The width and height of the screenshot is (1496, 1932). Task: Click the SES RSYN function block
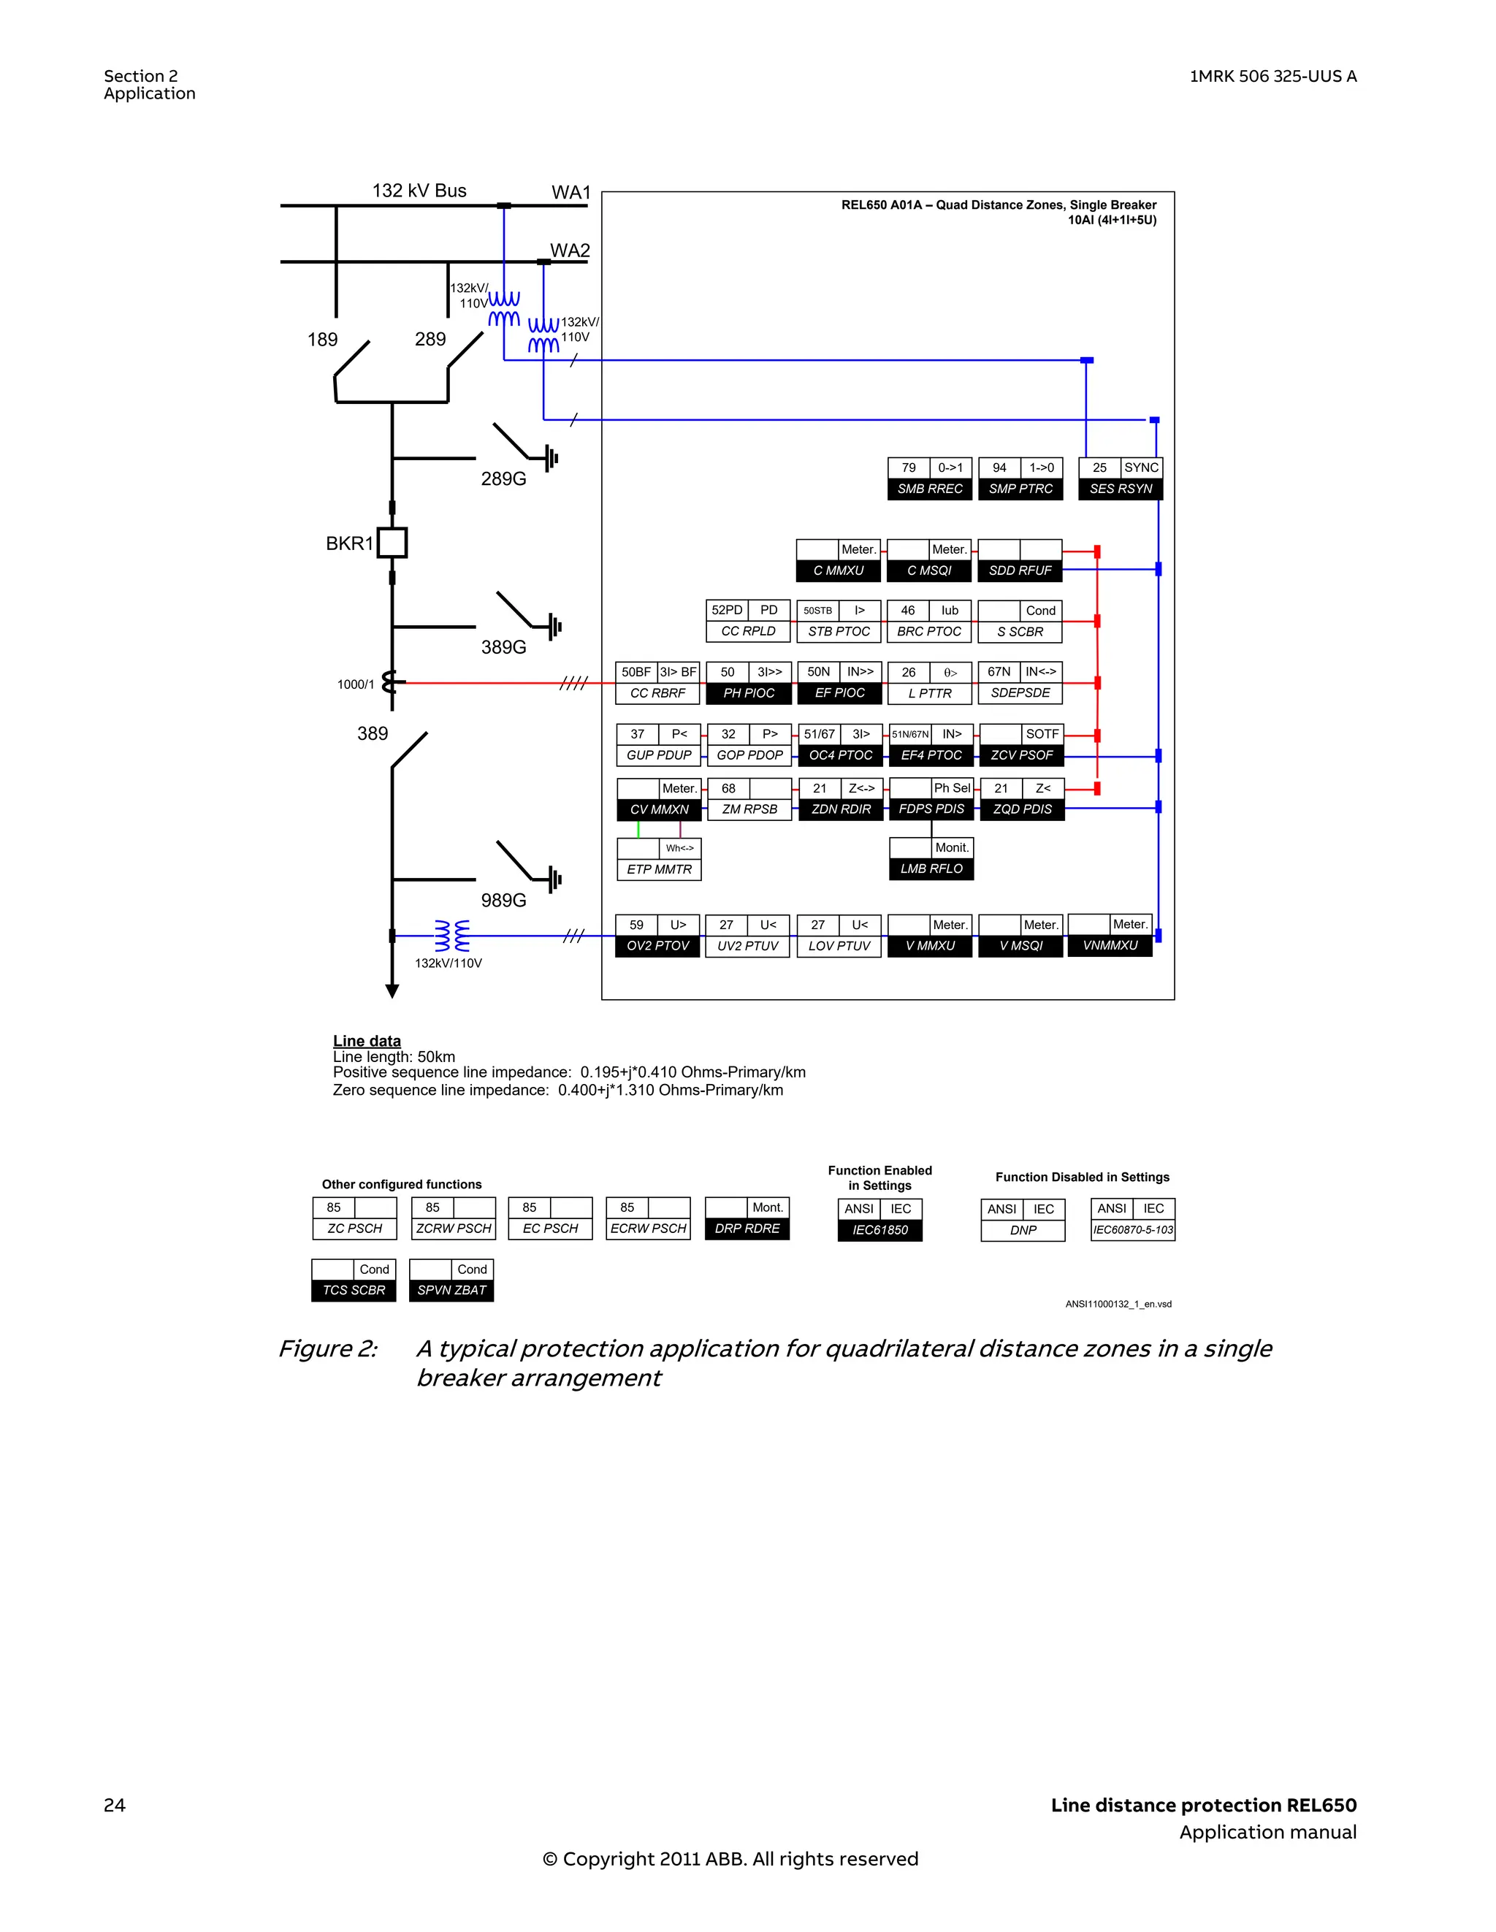[x=1120, y=478]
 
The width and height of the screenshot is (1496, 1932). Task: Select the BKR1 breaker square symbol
[x=392, y=542]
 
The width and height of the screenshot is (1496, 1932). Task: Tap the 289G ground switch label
[x=503, y=478]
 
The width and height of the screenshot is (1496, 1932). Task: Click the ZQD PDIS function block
[x=1022, y=800]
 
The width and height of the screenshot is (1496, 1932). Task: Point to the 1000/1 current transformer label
[x=356, y=684]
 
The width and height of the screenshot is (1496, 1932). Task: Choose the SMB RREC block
[x=929, y=478]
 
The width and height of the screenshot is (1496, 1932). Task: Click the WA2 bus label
[x=570, y=251]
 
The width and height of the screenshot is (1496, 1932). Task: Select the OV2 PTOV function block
[x=657, y=936]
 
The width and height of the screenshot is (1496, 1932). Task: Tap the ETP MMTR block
[x=659, y=859]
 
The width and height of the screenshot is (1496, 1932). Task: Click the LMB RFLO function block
[x=931, y=859]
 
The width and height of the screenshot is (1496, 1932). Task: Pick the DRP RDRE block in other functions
[x=747, y=1218]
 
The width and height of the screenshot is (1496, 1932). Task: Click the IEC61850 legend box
[x=879, y=1220]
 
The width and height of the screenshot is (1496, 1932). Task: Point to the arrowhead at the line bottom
[x=392, y=990]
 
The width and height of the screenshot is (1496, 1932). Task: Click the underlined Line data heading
[x=366, y=1040]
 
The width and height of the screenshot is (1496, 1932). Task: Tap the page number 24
[x=114, y=1805]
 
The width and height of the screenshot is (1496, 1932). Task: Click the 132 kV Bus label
[x=419, y=190]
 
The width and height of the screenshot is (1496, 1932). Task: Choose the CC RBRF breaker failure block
[x=657, y=683]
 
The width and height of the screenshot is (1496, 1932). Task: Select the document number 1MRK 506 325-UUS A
[x=1272, y=76]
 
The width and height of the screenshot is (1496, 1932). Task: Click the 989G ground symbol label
[x=503, y=900]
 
